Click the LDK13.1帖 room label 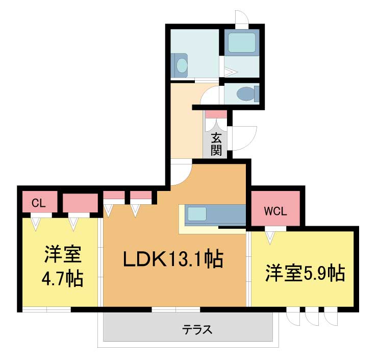pyautogui.click(x=173, y=259)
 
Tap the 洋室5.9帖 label pyautogui.click(x=305, y=273)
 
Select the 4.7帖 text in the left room pyautogui.click(x=63, y=279)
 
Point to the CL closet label pyautogui.click(x=39, y=203)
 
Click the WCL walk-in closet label pyautogui.click(x=275, y=211)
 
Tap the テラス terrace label pyautogui.click(x=197, y=329)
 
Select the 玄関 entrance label pyautogui.click(x=216, y=144)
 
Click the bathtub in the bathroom pyautogui.click(x=242, y=42)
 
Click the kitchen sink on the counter pyautogui.click(x=197, y=214)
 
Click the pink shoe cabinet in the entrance pyautogui.click(x=216, y=114)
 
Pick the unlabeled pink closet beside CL pyautogui.click(x=80, y=203)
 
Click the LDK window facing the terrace pyautogui.click(x=176, y=309)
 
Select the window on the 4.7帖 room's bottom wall pyautogui.click(x=46, y=309)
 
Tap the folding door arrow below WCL pyautogui.click(x=270, y=237)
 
